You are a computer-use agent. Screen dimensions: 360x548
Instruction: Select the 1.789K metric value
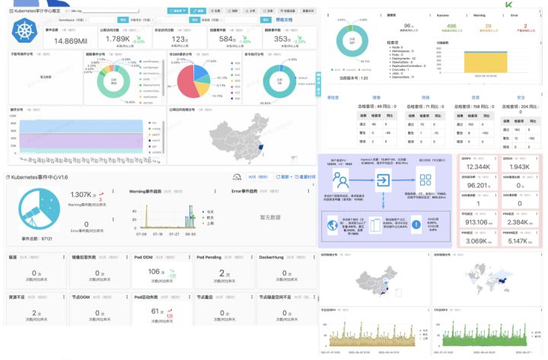[x=118, y=38]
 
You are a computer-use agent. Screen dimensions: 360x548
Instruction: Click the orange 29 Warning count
[x=487, y=25]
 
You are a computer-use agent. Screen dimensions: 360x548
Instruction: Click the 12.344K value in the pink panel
[x=478, y=167]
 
